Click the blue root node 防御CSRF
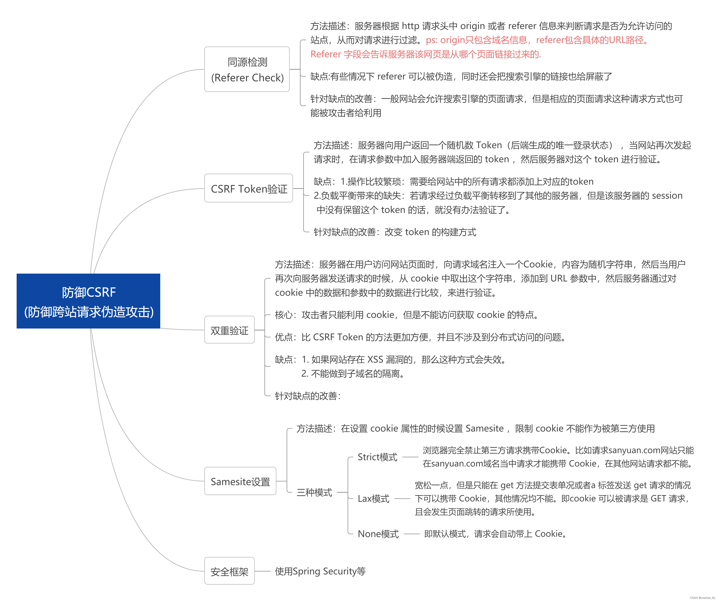pos(88,301)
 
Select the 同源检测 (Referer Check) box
pos(247,69)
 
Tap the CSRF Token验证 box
pos(249,188)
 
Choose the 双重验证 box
pos(229,330)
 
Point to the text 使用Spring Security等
pos(320,571)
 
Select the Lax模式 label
pos(373,498)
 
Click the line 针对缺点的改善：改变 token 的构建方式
pos(395,232)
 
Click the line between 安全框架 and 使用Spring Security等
pos(263,571)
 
